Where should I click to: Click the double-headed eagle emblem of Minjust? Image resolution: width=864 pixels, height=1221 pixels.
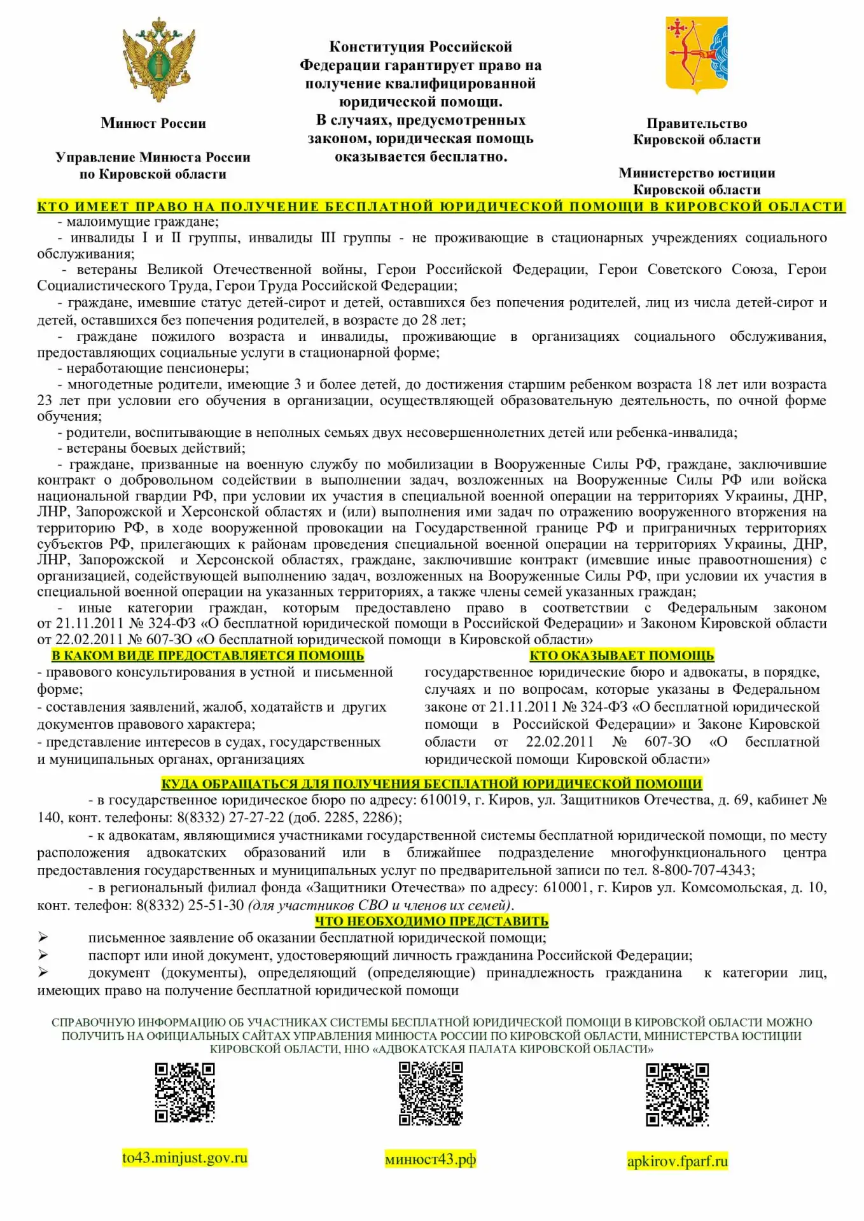(x=158, y=60)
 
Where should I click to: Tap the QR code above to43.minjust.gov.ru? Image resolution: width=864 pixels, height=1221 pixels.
(x=185, y=1093)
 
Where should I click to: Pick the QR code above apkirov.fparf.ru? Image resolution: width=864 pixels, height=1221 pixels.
(x=677, y=1094)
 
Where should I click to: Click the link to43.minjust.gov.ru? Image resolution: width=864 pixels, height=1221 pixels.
(x=185, y=1157)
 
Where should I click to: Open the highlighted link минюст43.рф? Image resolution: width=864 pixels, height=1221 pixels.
(x=431, y=1159)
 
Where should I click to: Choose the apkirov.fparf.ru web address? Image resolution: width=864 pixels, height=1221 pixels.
(x=677, y=1161)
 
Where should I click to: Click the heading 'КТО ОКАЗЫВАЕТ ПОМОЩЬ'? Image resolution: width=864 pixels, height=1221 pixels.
(x=622, y=656)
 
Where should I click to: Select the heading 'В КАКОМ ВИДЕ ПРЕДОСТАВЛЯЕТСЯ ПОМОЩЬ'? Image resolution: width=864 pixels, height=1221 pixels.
(x=208, y=656)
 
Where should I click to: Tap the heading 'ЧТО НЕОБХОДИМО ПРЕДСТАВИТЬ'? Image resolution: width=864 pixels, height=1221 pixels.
(x=431, y=921)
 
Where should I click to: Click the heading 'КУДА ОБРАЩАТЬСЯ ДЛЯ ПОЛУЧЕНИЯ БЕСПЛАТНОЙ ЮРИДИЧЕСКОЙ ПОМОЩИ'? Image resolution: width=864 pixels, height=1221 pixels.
(x=431, y=783)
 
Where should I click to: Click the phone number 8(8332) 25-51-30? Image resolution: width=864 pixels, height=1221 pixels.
(x=190, y=905)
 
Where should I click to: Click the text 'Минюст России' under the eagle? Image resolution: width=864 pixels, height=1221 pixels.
(x=153, y=123)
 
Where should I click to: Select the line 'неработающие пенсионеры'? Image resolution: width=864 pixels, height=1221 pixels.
(x=157, y=368)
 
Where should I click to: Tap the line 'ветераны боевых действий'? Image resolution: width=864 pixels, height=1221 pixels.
(x=155, y=448)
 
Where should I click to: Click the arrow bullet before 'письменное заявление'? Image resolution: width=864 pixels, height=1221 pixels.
(x=43, y=937)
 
